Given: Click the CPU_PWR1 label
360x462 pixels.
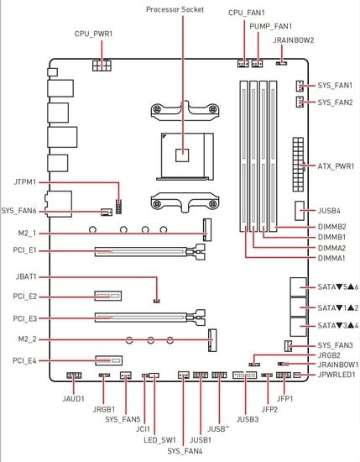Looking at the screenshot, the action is click(93, 34).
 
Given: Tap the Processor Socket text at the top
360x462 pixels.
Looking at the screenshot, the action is click(175, 9).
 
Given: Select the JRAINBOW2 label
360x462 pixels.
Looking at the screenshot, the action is click(293, 40).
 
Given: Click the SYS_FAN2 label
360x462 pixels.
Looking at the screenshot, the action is click(335, 102).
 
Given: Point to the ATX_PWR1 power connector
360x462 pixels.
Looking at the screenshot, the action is click(298, 164).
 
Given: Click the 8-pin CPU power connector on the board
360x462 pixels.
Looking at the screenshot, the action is click(102, 66).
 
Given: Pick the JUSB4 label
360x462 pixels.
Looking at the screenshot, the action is click(329, 211).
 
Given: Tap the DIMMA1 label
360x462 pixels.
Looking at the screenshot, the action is click(331, 258).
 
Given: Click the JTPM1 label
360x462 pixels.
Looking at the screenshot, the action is click(24, 182).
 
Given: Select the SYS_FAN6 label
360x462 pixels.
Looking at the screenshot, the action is click(18, 211).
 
